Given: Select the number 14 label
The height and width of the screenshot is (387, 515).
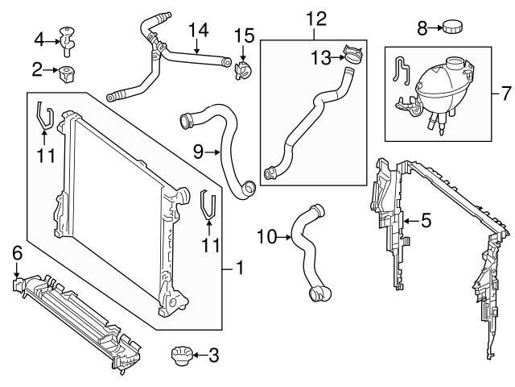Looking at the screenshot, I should (x=198, y=31).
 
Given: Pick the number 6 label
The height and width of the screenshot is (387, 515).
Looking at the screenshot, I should (x=17, y=253).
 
